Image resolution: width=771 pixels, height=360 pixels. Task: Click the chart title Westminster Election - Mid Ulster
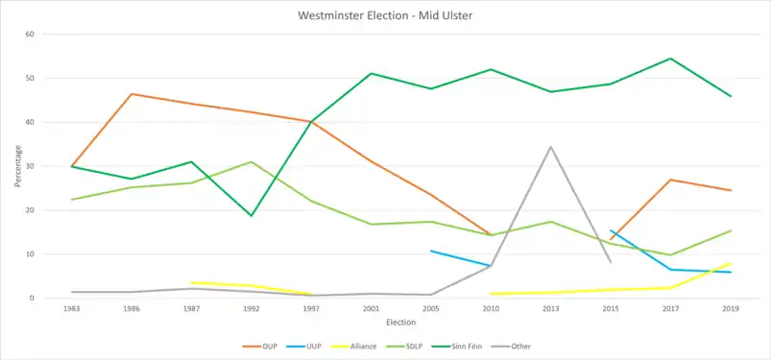(385, 15)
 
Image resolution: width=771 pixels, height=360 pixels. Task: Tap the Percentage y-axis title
(17, 166)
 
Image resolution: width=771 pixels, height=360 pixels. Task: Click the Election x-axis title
(400, 323)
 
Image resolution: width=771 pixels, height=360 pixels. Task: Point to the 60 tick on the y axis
(30, 34)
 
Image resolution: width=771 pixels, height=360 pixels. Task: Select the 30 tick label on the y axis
(30, 166)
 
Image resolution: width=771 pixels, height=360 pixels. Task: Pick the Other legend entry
(513, 347)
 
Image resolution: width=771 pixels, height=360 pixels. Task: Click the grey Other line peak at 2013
(551, 147)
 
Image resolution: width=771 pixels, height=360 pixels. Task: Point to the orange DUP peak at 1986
(132, 93)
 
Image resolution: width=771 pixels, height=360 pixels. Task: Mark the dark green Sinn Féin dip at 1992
(252, 215)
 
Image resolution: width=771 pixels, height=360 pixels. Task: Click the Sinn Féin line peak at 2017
(671, 59)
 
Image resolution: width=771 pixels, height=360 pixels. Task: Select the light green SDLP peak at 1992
(252, 162)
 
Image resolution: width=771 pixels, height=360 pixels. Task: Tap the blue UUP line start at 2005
(431, 251)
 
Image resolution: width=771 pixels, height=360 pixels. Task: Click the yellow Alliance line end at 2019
(731, 263)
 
